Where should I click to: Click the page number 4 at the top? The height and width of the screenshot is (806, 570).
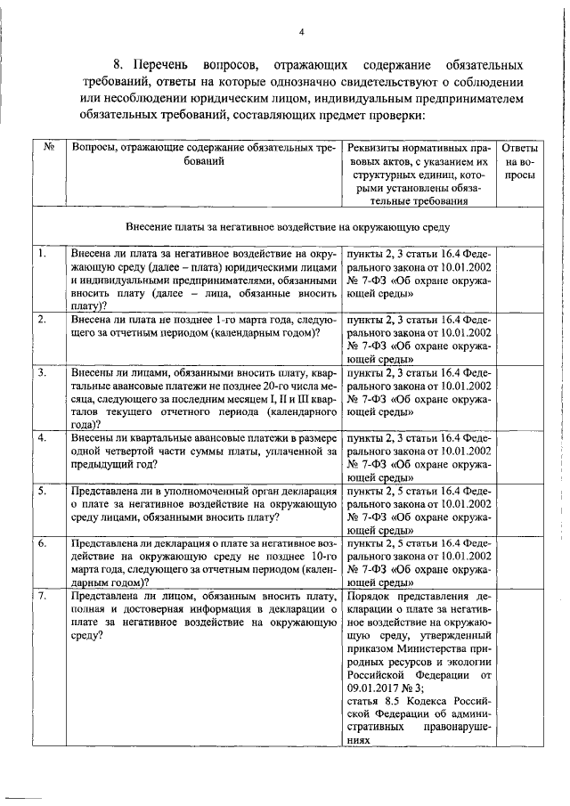(302, 33)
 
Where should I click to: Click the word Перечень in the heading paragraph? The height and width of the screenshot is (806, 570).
(166, 66)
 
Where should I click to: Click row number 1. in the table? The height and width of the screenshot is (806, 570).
(42, 255)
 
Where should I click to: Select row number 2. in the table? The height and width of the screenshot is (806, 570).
(42, 319)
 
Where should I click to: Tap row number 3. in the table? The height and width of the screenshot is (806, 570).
(42, 370)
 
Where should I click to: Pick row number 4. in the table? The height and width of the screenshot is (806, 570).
(42, 436)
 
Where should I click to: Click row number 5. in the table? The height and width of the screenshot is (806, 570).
(42, 490)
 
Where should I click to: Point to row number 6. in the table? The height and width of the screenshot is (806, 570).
(42, 541)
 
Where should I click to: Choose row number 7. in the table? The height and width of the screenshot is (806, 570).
(42, 594)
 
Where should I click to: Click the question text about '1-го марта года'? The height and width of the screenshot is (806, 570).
(203, 325)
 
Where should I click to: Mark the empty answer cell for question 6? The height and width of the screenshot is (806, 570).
(519, 559)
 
